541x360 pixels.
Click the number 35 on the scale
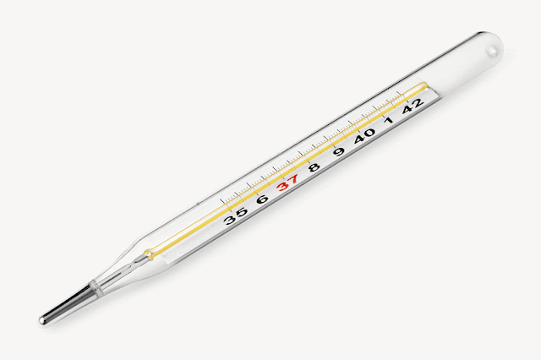point(235,215)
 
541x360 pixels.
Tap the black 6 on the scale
point(263,199)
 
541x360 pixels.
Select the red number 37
point(287,183)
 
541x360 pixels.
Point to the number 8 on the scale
point(314,167)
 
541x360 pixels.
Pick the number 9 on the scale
point(340,151)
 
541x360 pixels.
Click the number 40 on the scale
point(364,136)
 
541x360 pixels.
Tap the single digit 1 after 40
point(389,120)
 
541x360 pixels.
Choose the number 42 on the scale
point(413,105)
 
